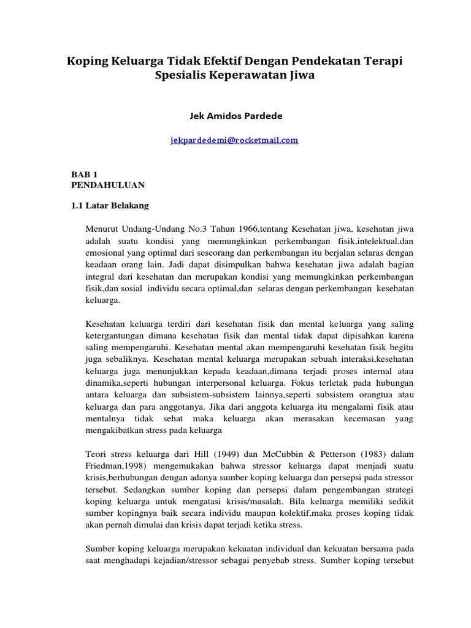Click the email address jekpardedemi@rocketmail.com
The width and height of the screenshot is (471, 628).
[x=234, y=140]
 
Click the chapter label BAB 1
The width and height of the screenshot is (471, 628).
[x=84, y=174]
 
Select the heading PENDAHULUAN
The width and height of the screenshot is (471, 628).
[x=108, y=184]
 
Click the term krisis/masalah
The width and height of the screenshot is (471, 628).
[x=229, y=502]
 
